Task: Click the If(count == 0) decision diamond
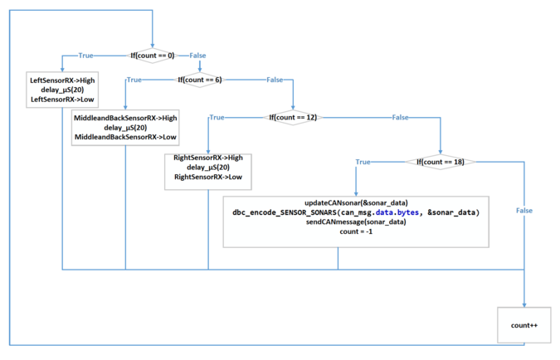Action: tap(153, 56)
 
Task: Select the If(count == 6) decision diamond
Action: tap(200, 80)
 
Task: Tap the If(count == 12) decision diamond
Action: tap(293, 118)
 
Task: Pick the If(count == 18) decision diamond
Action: tap(441, 162)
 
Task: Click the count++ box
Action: tap(524, 325)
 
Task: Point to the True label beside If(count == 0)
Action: tap(85, 56)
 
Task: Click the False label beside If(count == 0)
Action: tap(197, 56)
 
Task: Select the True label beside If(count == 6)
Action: tap(134, 80)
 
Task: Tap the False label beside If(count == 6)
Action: tap(275, 80)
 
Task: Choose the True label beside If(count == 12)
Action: tap(217, 118)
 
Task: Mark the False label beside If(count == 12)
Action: tap(401, 118)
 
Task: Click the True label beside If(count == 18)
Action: tap(363, 162)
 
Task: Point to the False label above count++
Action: tap(524, 211)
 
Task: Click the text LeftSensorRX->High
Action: tap(62, 80)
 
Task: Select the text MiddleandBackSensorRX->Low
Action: tap(125, 137)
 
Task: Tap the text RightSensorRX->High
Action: tap(208, 158)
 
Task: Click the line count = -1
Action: tap(356, 231)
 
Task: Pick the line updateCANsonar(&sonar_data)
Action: tap(356, 203)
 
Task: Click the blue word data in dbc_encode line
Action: tap(384, 212)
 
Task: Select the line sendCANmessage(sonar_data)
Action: tap(356, 222)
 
